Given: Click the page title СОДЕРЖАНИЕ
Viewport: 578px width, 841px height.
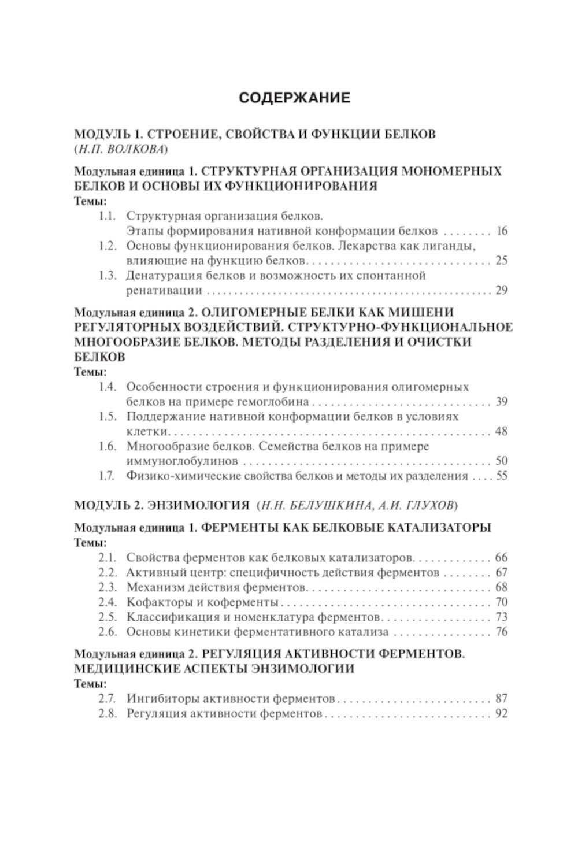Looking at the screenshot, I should pyautogui.click(x=295, y=98).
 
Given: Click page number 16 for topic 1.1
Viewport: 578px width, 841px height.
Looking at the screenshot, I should pyautogui.click(x=501, y=231).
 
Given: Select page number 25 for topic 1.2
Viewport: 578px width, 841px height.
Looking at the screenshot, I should pyautogui.click(x=501, y=261).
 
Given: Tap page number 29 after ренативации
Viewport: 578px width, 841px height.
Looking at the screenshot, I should pyautogui.click(x=501, y=290).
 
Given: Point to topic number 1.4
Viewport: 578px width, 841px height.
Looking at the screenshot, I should pyautogui.click(x=108, y=387).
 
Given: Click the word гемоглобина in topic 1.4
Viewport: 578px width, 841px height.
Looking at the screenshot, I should pyautogui.click(x=276, y=402).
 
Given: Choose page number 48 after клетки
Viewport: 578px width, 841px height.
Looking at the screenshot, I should pyautogui.click(x=501, y=431).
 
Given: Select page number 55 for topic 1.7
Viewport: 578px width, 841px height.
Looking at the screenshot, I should pyautogui.click(x=501, y=476).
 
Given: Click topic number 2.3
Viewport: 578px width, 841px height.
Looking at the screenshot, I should pyautogui.click(x=108, y=587).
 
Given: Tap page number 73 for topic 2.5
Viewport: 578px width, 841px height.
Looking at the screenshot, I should pyautogui.click(x=501, y=617).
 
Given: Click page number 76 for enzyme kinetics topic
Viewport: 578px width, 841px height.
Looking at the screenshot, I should pyautogui.click(x=501, y=632).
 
